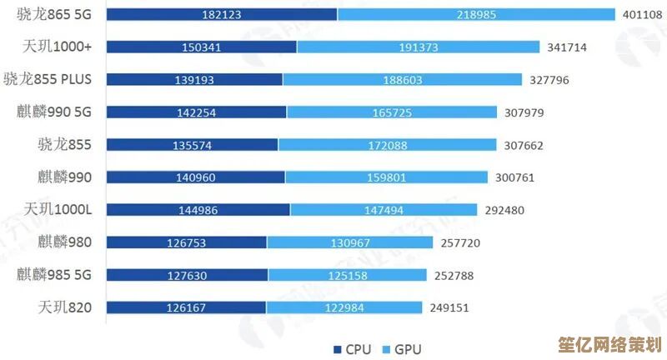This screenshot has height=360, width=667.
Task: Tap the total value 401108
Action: click(x=642, y=14)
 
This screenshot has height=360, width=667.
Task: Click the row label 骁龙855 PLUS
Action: click(x=58, y=79)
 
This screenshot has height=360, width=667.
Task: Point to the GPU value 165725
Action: click(x=392, y=112)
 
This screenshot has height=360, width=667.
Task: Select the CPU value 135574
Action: click(x=192, y=145)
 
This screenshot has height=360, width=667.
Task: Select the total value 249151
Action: click(x=449, y=307)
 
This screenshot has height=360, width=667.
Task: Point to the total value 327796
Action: click(x=549, y=79)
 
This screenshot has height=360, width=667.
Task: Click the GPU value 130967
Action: click(x=350, y=242)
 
